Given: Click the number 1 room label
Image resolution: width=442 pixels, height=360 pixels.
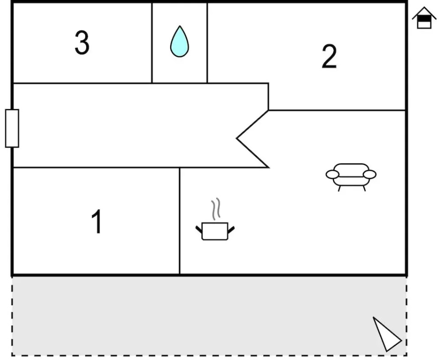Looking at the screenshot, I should tap(97, 222).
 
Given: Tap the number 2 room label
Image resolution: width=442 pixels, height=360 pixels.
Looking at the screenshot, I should tap(329, 57).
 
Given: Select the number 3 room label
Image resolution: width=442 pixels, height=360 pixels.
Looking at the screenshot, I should tap(82, 43).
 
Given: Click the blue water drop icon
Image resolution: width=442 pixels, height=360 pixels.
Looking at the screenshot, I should tap(179, 42).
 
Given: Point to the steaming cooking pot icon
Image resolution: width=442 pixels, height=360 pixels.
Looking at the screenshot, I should tap(215, 231).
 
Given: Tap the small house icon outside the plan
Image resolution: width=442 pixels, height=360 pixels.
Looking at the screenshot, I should tap(424, 18).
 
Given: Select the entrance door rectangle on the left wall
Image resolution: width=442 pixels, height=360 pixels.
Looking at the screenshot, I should tap(12, 128).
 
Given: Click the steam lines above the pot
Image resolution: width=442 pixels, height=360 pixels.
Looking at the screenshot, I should tap(215, 210).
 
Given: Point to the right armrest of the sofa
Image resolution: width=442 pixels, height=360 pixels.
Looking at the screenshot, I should tap(370, 174).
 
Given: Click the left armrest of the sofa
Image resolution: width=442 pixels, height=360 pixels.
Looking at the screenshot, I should tap(332, 174).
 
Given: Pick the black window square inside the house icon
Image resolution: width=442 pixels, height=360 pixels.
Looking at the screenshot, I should tap(424, 19).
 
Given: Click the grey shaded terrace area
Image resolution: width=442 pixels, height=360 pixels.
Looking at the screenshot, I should tap(187, 316).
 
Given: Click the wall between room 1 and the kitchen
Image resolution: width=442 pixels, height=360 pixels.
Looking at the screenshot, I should tap(180, 220).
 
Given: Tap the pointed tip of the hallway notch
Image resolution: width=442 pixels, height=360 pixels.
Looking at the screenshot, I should tap(237, 138).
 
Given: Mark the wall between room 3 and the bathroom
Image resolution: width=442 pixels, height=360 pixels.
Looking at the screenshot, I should tap(152, 43).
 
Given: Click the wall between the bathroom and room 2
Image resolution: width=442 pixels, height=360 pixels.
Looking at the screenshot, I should tap(207, 43).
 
